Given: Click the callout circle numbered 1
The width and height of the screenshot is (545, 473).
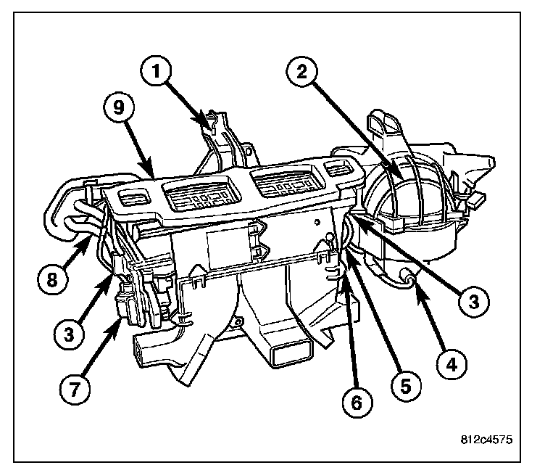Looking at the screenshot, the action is pos(162,73).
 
